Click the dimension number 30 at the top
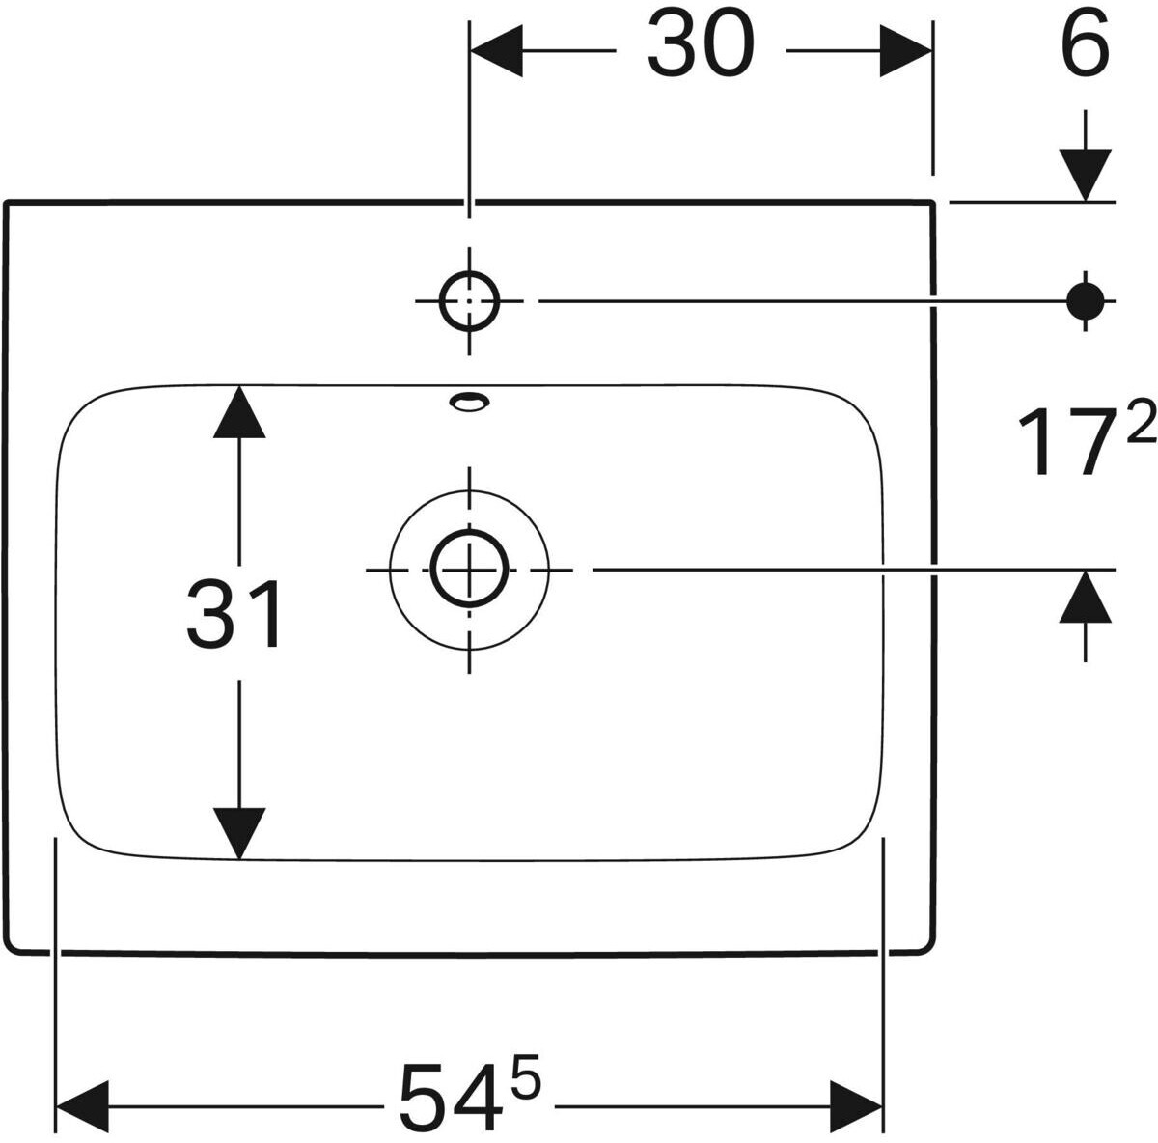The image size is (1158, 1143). tap(700, 44)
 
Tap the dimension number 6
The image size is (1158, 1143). tap(1084, 44)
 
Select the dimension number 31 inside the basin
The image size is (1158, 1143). tap(234, 613)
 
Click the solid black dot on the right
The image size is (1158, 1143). tap(1086, 300)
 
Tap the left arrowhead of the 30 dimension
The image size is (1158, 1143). tap(496, 51)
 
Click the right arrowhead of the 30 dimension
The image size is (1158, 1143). tap(905, 51)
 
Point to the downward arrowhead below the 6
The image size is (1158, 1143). tap(1086, 175)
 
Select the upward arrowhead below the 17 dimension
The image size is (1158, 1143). tap(1086, 596)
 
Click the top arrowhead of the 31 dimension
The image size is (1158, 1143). tap(239, 411)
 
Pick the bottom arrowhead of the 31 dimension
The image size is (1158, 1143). tap(239, 834)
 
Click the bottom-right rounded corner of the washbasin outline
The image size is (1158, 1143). tap(932, 948)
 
